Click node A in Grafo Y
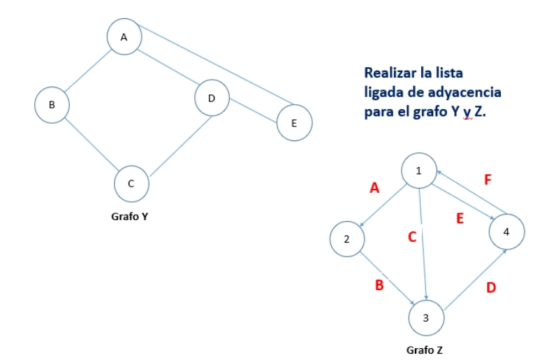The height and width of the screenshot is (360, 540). point(124,36)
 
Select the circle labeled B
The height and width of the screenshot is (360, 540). point(52,105)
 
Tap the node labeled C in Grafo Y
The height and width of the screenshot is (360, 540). point(131,184)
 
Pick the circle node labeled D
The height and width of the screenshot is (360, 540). point(212,98)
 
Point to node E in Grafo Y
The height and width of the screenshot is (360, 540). point(295,122)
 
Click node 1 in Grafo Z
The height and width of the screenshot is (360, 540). point(419,171)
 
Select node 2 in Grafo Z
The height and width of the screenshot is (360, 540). point(347,239)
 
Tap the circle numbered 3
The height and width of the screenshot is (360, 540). point(426,317)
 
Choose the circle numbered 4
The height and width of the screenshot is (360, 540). point(507,231)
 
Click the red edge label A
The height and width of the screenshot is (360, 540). point(374,188)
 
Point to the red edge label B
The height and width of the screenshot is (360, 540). point(379,285)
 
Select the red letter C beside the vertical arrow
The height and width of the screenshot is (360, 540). point(412,237)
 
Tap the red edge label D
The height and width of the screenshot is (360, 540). point(491,287)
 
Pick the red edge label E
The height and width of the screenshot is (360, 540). point(460,218)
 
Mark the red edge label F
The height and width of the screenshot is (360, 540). point(488,180)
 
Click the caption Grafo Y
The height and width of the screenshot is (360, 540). point(129,216)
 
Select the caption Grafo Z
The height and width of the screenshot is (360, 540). point(424,350)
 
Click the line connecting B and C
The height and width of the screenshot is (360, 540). point(92,144)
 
